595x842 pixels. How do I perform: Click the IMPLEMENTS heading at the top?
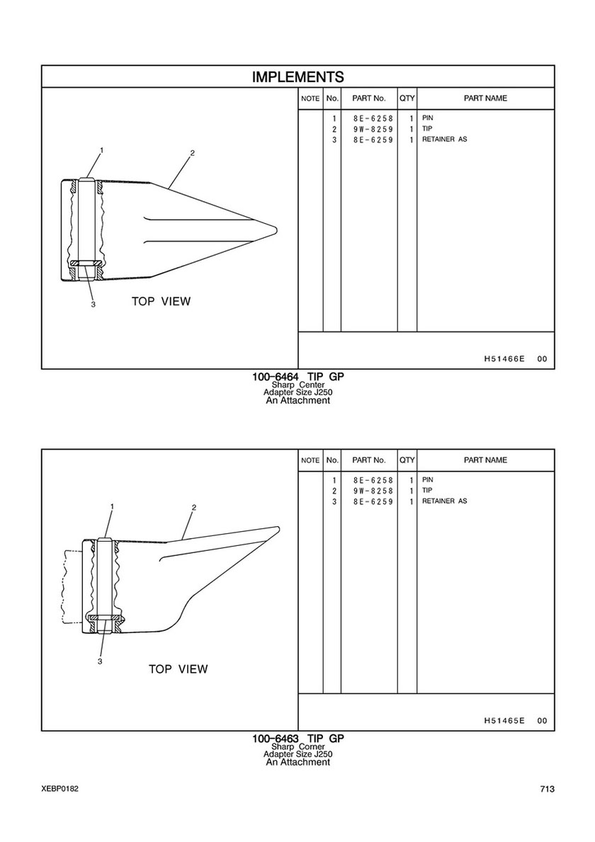point(297,76)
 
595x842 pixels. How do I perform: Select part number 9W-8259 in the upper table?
point(373,130)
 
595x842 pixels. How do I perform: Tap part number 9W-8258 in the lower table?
point(373,491)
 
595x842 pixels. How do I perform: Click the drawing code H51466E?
point(504,359)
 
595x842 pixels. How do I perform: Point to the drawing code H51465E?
point(504,721)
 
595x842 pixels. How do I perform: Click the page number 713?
point(546,790)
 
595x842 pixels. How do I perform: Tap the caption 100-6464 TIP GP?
point(297,377)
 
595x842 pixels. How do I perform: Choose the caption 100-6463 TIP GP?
point(297,739)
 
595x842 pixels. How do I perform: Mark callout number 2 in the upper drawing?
point(192,153)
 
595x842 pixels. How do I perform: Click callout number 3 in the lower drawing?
point(100,661)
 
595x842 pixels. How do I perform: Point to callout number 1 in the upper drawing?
point(101,150)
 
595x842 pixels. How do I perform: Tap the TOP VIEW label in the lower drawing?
point(178,669)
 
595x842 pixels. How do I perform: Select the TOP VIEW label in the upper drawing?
point(161,302)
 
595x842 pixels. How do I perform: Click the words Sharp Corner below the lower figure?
point(297,747)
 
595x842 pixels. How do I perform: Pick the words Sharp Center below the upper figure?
point(297,385)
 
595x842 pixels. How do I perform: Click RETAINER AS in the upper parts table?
point(444,140)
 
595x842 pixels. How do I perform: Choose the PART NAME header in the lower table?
point(485,460)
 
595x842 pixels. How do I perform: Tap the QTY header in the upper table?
point(407,98)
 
